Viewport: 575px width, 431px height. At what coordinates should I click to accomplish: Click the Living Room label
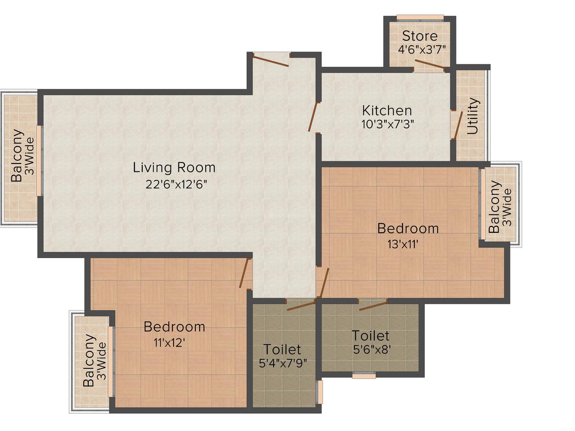coord(174,167)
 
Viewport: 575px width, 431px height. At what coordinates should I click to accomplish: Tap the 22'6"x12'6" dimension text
coord(176,184)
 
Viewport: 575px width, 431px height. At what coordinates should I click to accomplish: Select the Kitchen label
coord(387,110)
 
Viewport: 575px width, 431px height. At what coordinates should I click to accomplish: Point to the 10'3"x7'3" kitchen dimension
coord(388,124)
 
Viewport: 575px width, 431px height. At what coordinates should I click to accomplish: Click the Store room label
coord(420,36)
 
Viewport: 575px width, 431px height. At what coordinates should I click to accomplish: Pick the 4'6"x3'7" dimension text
coord(422,49)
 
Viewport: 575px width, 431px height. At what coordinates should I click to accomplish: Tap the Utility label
coord(473,116)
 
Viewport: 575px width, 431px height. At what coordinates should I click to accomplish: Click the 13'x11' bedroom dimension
coord(403,244)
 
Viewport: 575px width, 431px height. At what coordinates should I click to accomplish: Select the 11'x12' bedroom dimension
coord(169,343)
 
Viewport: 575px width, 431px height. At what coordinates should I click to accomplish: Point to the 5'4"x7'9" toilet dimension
coord(283,363)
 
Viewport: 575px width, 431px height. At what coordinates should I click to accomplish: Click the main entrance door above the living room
coord(270,60)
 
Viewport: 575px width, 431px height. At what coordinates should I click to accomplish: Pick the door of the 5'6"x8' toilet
coord(373,305)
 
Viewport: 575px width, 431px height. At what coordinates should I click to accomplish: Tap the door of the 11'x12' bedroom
coord(245,273)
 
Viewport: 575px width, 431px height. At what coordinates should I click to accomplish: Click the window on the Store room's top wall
coord(420,17)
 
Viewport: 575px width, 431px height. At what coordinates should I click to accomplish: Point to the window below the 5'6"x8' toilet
coord(364,376)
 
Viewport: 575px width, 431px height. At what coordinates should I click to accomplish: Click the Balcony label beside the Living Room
coord(17,156)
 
